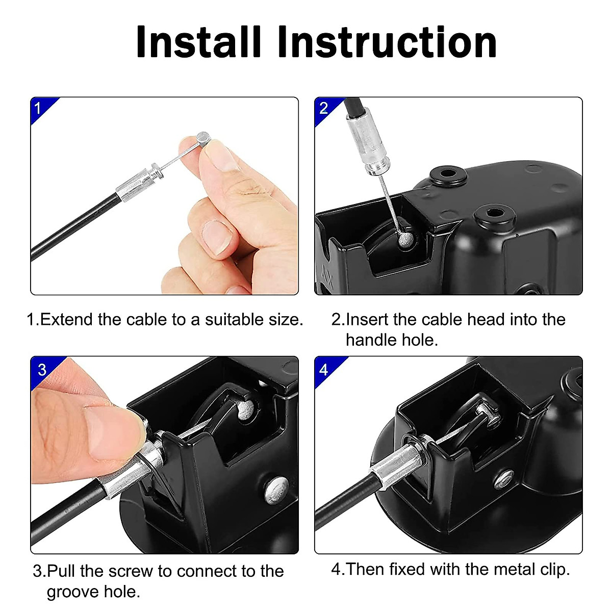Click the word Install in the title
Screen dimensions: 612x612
click(198, 42)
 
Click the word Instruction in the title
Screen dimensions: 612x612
click(388, 42)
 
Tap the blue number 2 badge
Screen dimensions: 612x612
click(327, 110)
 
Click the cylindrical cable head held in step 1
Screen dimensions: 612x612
click(203, 139)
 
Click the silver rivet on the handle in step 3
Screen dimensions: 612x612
click(277, 490)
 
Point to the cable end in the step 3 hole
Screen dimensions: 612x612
click(245, 410)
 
